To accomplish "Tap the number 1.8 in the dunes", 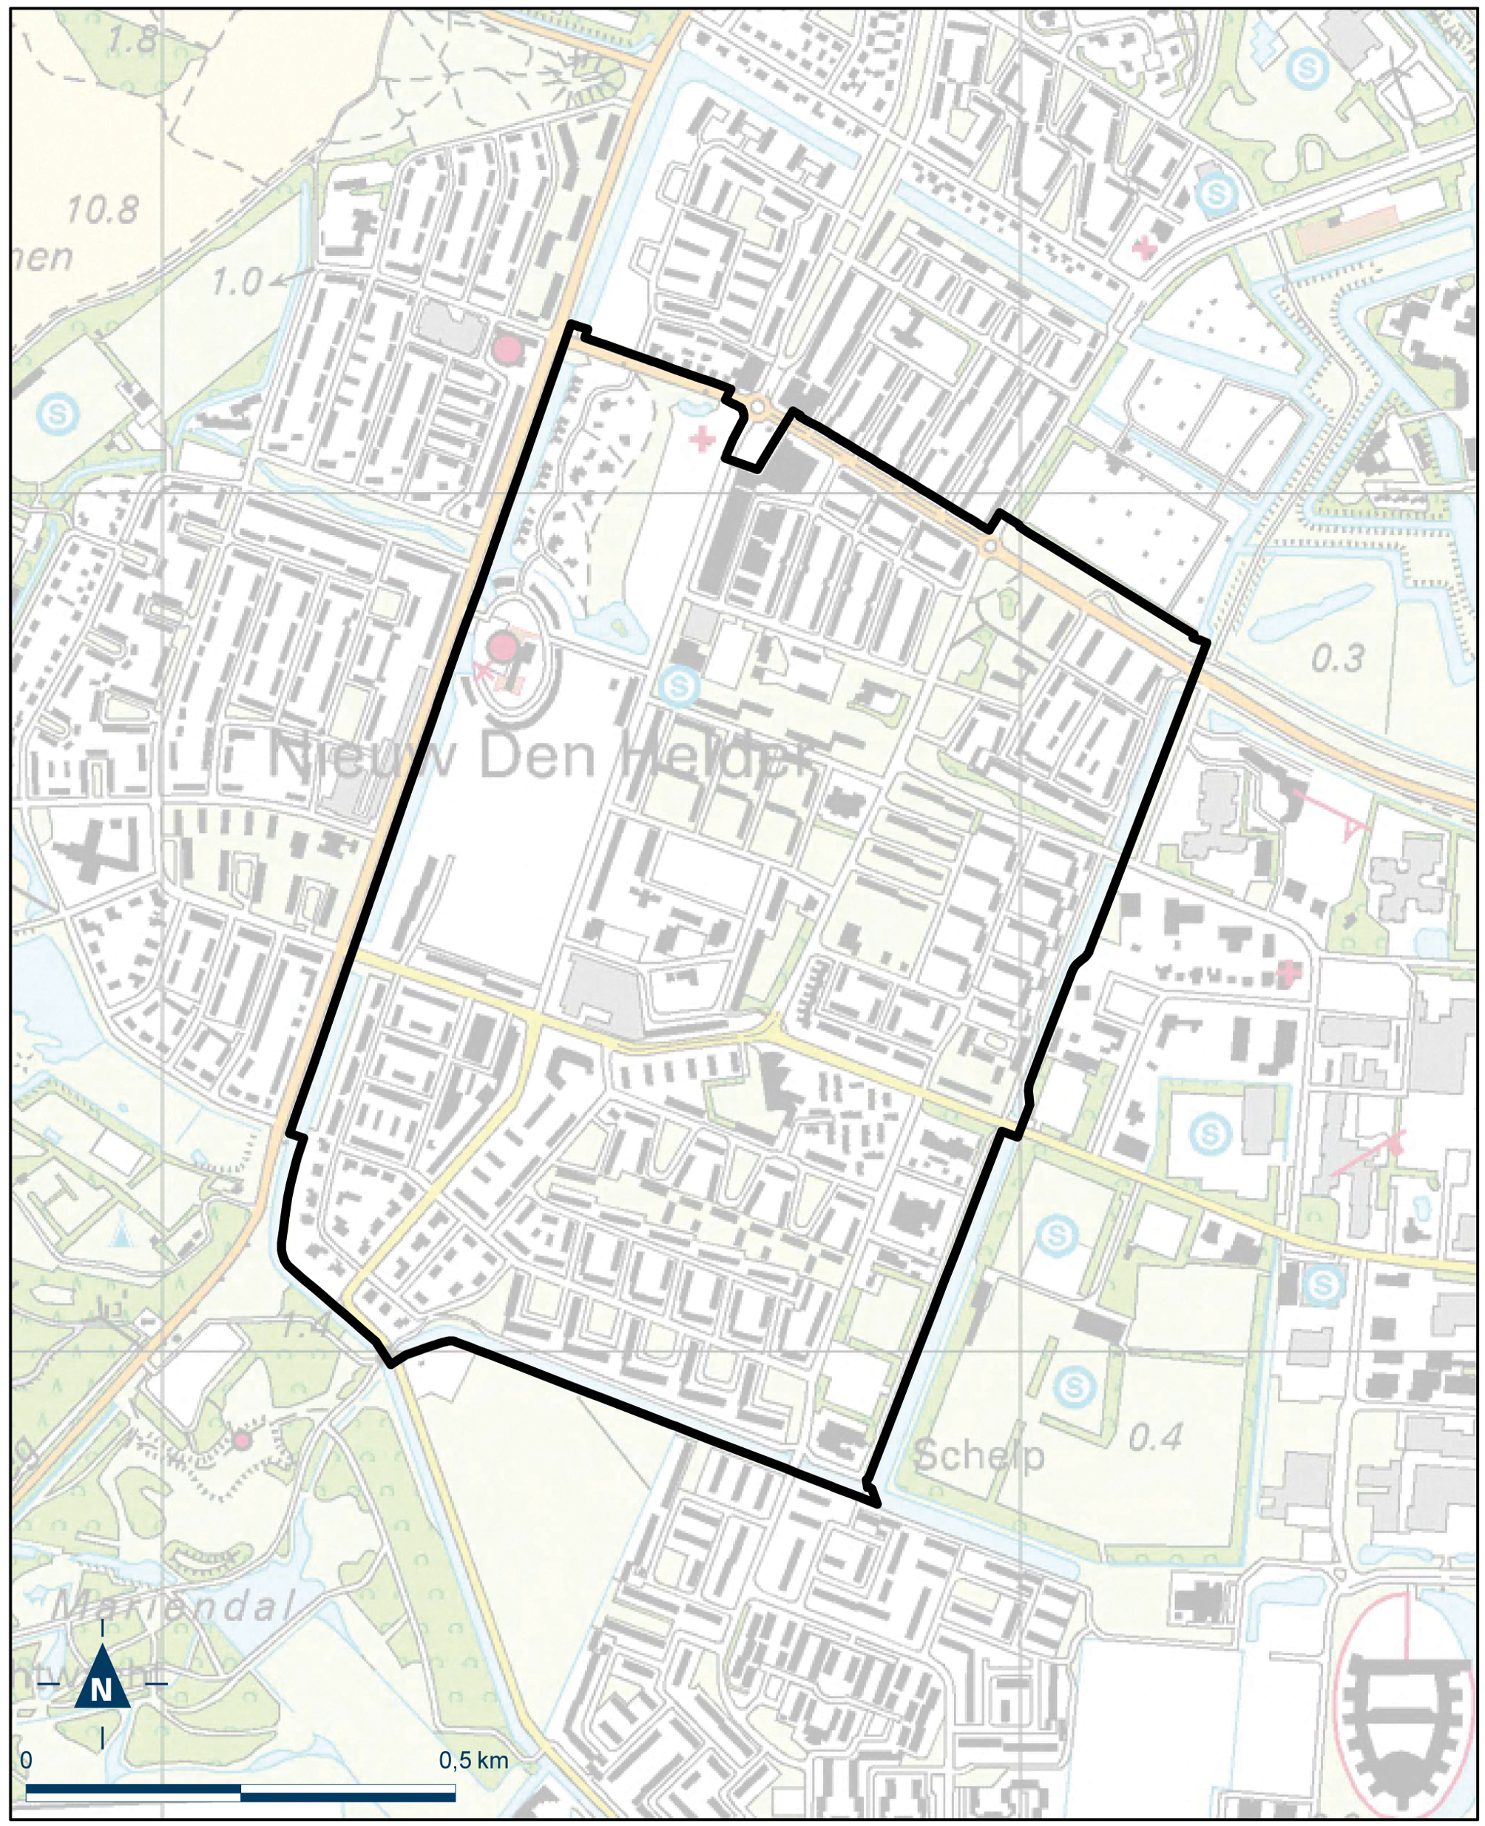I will point(132,39).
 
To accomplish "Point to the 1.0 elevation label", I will point(236,281).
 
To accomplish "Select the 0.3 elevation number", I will point(1338,658).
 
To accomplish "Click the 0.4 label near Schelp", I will point(1156,1438).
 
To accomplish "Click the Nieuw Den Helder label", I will point(539,756).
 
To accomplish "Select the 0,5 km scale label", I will point(473,1760).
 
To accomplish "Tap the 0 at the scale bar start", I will point(26,1760).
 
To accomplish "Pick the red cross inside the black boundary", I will point(703,439).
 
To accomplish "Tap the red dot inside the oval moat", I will point(503,647).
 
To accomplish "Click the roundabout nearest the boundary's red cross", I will point(757,408).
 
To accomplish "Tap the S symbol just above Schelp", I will point(1075,1384).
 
